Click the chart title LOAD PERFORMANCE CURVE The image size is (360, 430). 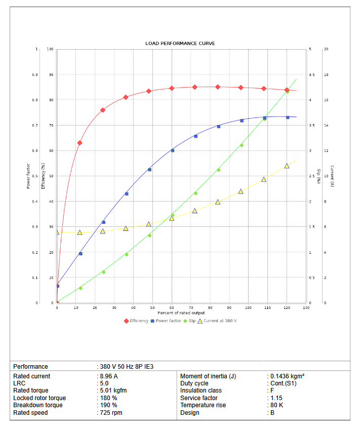180,44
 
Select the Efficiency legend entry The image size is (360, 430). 136,321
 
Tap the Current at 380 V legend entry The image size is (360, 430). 217,321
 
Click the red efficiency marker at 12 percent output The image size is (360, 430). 79,143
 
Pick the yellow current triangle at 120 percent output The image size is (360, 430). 287,166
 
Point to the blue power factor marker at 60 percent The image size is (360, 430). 172,150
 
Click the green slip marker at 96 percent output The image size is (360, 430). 242,145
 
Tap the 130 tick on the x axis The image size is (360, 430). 305,308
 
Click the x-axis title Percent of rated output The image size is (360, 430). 180,313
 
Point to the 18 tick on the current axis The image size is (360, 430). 326,74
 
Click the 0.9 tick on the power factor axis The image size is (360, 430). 34,74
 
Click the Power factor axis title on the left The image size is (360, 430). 28,176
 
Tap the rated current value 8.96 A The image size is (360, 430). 108,376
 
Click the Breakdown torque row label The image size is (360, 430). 38,405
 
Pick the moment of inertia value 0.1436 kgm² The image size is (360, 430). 287,376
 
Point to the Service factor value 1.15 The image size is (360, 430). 276,398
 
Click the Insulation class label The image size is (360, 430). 201,390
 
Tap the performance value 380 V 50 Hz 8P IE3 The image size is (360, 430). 126,366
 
